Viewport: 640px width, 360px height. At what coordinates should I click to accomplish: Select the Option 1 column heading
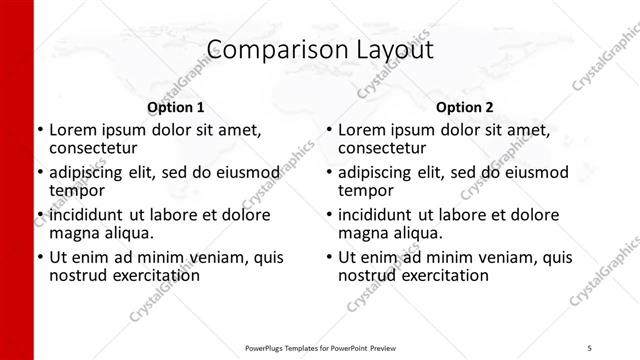point(176,107)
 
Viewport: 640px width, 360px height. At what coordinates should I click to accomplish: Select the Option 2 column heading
point(464,107)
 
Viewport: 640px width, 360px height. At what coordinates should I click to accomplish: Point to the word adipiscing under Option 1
point(91,172)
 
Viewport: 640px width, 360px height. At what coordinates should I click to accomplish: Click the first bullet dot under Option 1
point(40,130)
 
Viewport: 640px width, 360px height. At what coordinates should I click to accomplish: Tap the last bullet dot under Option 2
point(329,258)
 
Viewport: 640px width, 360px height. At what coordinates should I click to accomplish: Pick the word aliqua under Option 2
point(416,233)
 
